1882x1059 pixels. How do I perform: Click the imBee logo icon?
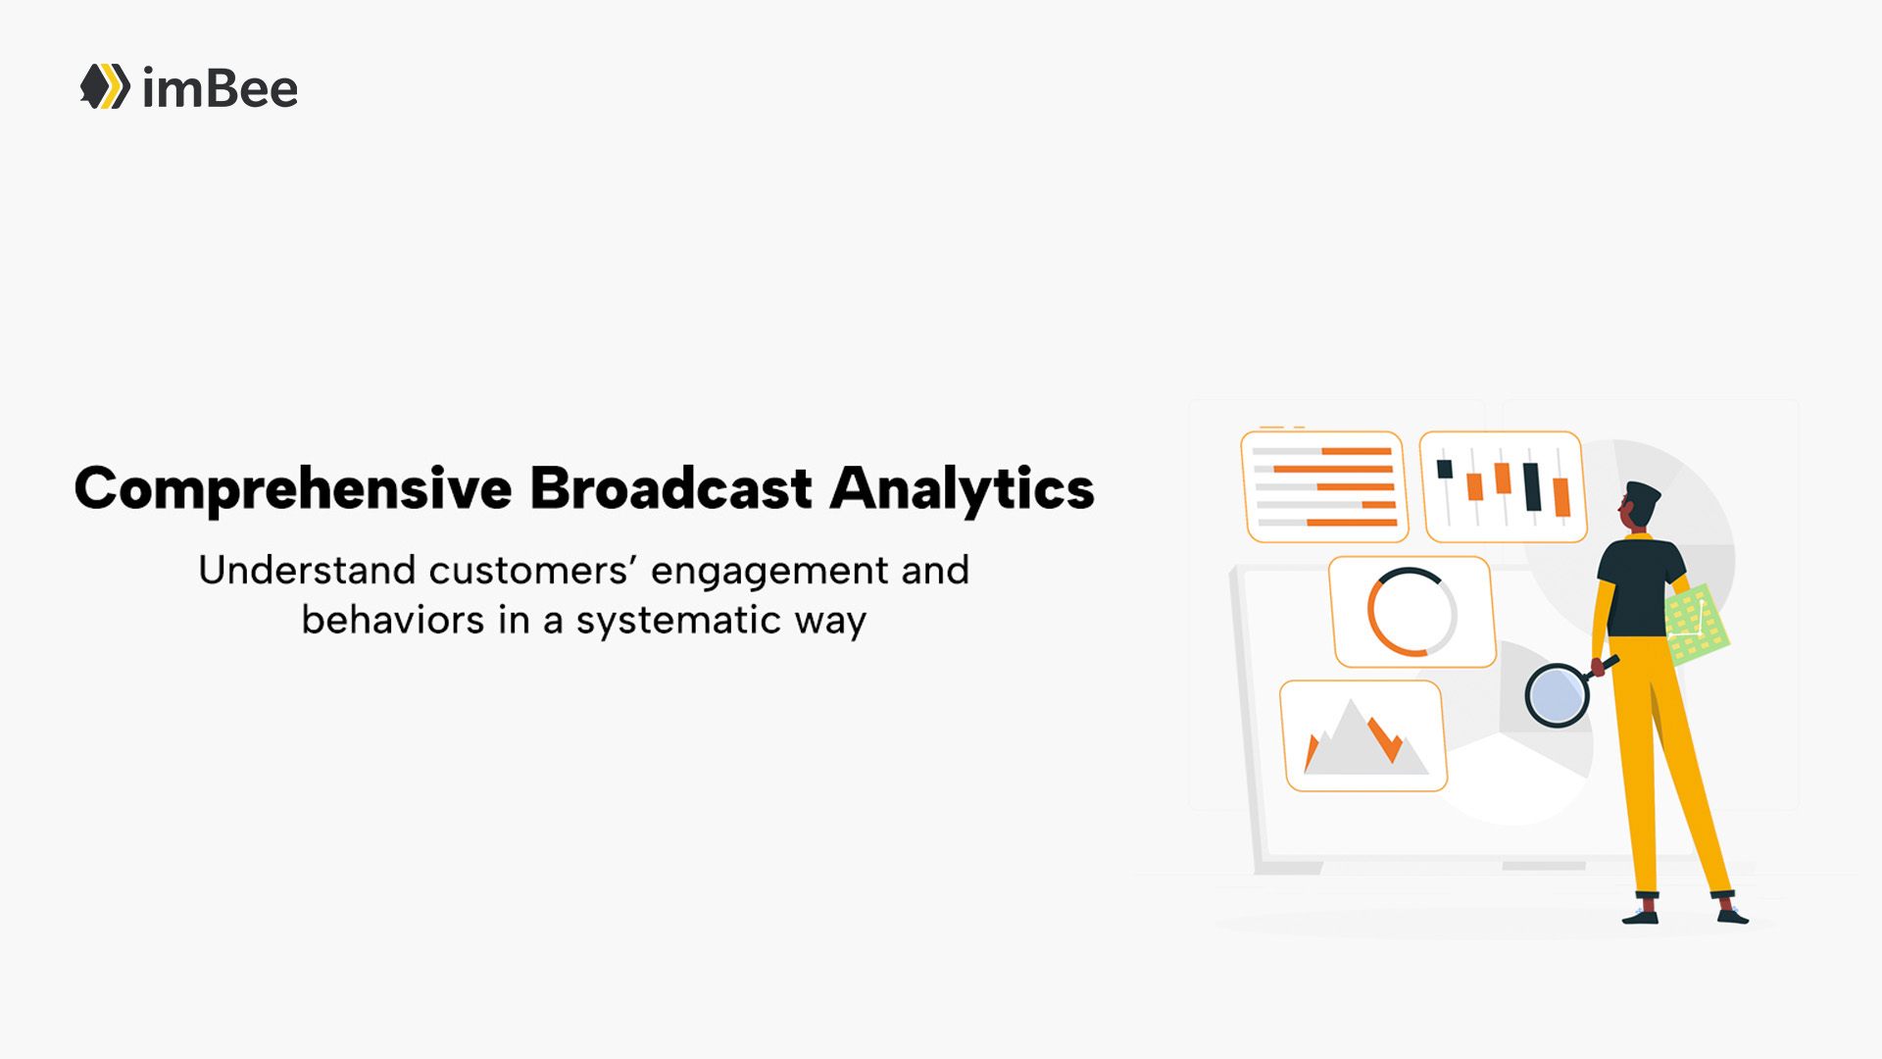click(x=105, y=86)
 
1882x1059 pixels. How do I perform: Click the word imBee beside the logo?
click(x=220, y=88)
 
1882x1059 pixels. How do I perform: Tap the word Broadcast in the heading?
click(x=671, y=488)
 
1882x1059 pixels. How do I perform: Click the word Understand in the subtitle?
click(x=307, y=570)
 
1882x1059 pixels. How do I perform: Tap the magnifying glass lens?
click(x=1556, y=695)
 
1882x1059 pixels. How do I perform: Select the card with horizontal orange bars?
click(x=1324, y=486)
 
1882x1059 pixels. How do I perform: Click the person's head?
click(x=1639, y=507)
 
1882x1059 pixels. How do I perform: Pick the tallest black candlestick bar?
click(x=1532, y=486)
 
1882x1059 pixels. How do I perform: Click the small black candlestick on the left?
click(x=1445, y=469)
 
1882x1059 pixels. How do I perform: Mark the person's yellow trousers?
click(x=1666, y=765)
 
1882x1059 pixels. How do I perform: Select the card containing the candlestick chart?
click(x=1503, y=486)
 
